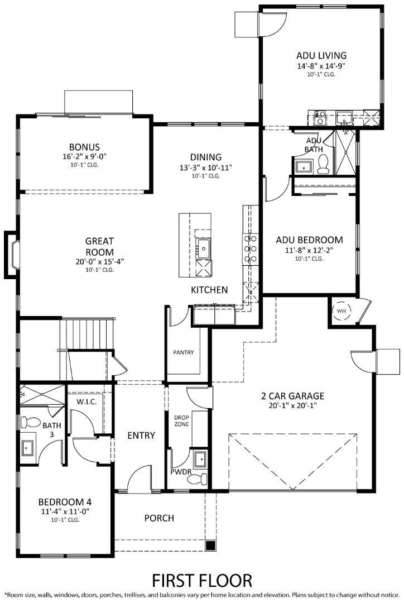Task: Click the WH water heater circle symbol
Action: [340, 310]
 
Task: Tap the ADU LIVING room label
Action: [321, 55]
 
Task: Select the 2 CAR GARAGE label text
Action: [292, 396]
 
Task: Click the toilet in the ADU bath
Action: [322, 164]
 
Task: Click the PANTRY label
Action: [183, 353]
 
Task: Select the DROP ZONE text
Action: [181, 420]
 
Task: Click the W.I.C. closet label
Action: [86, 401]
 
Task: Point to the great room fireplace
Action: [12, 254]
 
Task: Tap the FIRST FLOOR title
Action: [202, 580]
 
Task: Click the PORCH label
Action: [159, 518]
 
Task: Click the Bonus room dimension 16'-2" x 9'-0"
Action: [84, 157]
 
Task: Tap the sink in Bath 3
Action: [27, 447]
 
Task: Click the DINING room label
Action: [206, 157]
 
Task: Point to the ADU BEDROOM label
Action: [310, 240]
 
